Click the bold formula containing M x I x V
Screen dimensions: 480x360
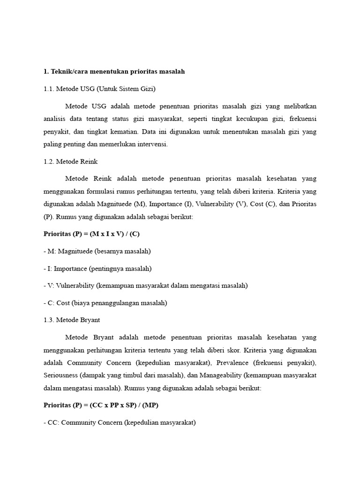pos(91,233)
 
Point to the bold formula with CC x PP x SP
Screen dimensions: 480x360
pos(105,405)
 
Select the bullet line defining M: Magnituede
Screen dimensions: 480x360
pos(97,251)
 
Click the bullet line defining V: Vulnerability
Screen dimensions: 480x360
pos(145,285)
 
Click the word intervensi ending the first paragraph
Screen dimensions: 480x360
pos(152,144)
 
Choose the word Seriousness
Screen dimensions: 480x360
pos(60,375)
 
